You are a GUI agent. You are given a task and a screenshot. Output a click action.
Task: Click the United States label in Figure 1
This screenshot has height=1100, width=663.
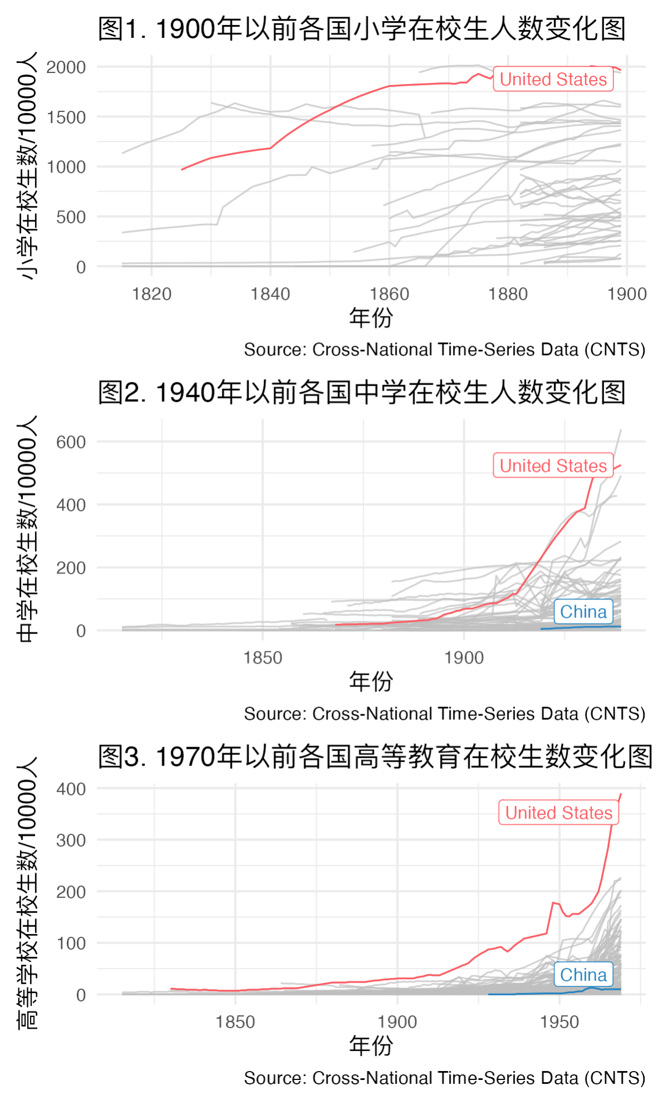click(553, 79)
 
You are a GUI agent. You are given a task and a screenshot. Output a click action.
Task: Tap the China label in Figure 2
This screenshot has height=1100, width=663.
click(583, 611)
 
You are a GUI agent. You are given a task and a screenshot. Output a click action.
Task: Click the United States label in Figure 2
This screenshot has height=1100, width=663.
click(553, 465)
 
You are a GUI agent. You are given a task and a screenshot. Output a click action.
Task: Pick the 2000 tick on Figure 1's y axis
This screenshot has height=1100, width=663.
click(66, 67)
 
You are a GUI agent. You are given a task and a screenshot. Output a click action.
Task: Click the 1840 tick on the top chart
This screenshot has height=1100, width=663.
click(270, 294)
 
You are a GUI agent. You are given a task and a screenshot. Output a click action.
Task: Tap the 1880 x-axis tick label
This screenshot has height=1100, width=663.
click(508, 294)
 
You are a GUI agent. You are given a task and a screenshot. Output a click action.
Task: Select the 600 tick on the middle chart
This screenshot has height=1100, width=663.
click(71, 442)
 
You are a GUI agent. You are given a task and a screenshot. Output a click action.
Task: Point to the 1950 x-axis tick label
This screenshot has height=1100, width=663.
click(559, 1022)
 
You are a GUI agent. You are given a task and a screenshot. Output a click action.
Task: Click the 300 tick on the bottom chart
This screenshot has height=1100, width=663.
click(71, 840)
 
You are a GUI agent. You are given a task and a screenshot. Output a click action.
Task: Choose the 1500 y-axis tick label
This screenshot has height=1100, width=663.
click(66, 117)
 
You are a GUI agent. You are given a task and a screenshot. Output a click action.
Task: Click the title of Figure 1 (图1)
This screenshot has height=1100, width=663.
click(362, 29)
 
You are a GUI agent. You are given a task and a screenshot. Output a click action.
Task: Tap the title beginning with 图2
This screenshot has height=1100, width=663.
click(362, 392)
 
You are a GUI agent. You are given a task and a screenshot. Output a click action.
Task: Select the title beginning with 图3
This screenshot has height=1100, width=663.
click(375, 757)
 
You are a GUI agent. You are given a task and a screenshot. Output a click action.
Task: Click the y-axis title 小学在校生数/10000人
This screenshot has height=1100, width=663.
click(27, 165)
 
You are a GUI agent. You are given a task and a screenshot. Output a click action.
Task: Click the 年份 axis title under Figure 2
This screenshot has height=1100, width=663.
click(371, 681)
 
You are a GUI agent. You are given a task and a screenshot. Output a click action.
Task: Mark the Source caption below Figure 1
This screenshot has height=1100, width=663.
click(444, 350)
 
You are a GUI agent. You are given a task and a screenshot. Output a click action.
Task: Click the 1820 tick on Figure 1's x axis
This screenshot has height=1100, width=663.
click(151, 294)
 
